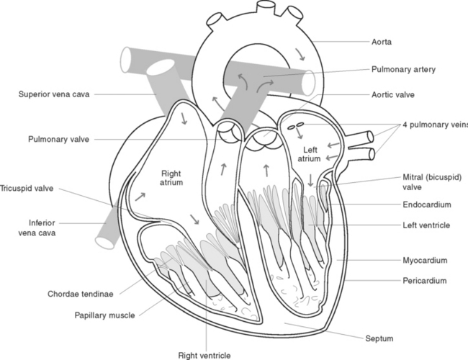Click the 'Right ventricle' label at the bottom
pos(205,355)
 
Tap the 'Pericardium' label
pos(423,280)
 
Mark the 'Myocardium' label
pos(425,259)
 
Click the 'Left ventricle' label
pos(426,225)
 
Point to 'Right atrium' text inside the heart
pos(172,178)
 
